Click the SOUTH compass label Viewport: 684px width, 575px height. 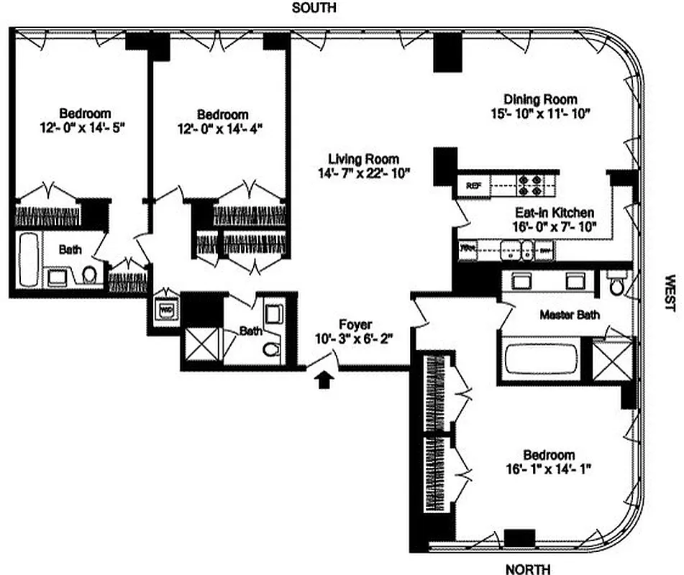pos(313,9)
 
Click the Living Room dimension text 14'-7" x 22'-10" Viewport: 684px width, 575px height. pos(363,173)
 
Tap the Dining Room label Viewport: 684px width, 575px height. pos(539,99)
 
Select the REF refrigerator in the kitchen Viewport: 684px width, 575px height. pos(473,185)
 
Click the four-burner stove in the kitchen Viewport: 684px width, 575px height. pos(531,183)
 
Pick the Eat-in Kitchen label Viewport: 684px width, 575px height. pos(554,213)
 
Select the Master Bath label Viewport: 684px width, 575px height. pos(569,314)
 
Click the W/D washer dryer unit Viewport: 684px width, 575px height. pos(165,310)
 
